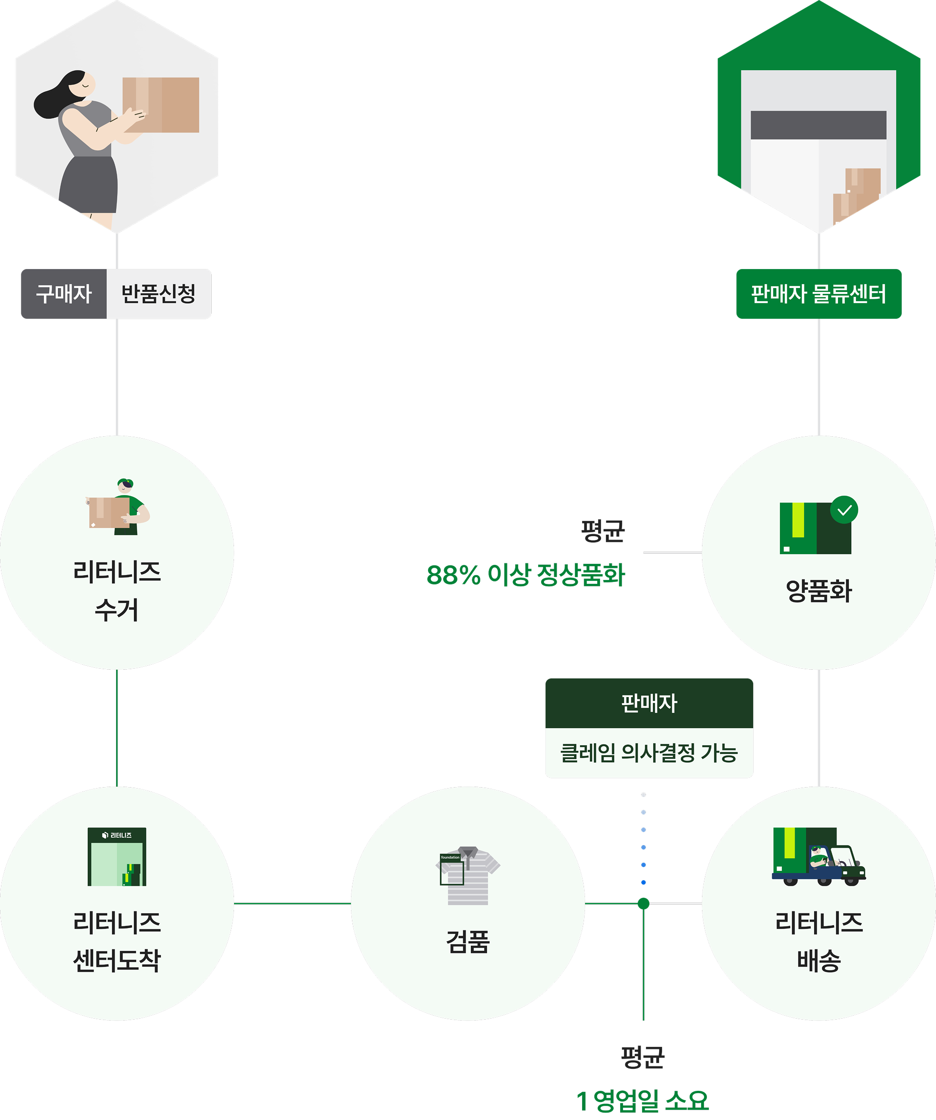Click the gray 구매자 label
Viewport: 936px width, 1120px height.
click(63, 294)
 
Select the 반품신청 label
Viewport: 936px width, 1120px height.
click(158, 294)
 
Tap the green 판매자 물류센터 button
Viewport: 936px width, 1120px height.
click(818, 294)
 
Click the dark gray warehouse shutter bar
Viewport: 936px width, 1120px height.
click(818, 125)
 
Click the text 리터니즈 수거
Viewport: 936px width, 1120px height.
click(117, 590)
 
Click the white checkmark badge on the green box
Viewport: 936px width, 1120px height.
click(844, 510)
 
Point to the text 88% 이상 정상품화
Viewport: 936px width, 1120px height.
click(526, 575)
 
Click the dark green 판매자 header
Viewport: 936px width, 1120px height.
click(648, 703)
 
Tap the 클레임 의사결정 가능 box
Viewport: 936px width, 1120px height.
click(648, 753)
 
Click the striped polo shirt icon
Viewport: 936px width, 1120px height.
click(468, 875)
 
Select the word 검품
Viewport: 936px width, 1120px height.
click(468, 941)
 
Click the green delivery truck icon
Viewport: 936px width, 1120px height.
click(818, 856)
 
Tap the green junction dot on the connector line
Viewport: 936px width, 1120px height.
click(643, 904)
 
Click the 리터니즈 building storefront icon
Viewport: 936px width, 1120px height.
click(117, 856)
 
